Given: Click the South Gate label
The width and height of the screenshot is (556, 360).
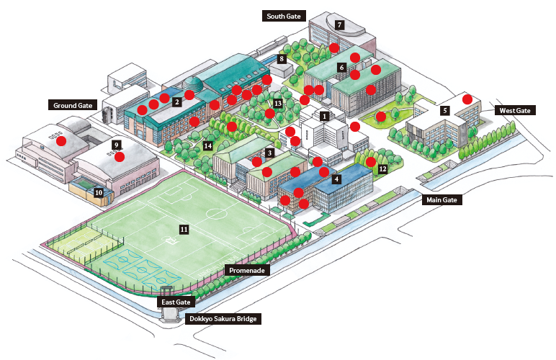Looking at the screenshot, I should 286,16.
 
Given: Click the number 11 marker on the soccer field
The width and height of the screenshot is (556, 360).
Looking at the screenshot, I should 184,229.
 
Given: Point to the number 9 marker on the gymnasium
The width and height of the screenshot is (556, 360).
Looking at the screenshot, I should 116,145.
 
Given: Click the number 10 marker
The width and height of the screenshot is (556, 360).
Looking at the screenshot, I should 99,192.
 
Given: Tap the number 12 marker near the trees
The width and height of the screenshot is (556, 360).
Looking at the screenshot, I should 383,169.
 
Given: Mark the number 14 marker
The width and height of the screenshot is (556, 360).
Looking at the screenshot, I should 207,146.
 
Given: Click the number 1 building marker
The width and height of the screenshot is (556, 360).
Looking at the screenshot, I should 325,115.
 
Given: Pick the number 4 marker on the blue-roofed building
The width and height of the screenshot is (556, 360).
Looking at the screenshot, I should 336,179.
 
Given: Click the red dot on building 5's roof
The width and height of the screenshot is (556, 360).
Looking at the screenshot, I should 467,99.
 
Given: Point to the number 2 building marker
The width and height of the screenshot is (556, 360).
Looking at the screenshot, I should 176,102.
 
